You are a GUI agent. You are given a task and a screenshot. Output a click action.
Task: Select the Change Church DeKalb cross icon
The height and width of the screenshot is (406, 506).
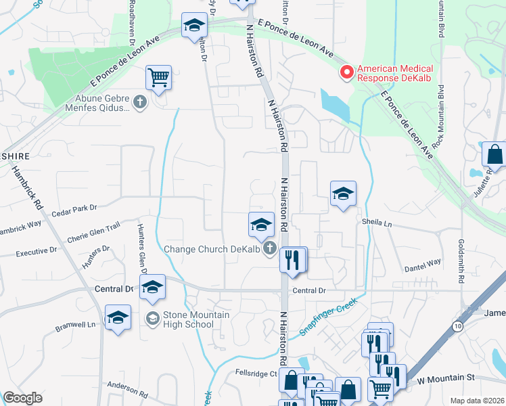270,249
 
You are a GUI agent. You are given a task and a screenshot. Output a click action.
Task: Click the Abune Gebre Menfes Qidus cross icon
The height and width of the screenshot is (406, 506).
140,102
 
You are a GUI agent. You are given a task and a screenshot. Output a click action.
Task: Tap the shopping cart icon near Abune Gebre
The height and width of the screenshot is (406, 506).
158,77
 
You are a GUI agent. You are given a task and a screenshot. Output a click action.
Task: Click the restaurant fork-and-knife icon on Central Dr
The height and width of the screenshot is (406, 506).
292,260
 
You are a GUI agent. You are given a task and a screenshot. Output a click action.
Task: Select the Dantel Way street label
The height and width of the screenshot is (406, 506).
424,261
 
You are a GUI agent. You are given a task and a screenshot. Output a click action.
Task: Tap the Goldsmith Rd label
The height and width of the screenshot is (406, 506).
461,260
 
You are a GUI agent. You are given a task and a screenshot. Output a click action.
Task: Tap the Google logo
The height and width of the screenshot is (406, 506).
22,398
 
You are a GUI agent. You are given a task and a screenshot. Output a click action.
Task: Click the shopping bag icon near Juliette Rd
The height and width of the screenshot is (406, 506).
494,154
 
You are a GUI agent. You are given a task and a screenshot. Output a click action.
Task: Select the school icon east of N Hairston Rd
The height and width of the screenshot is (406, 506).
343,194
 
